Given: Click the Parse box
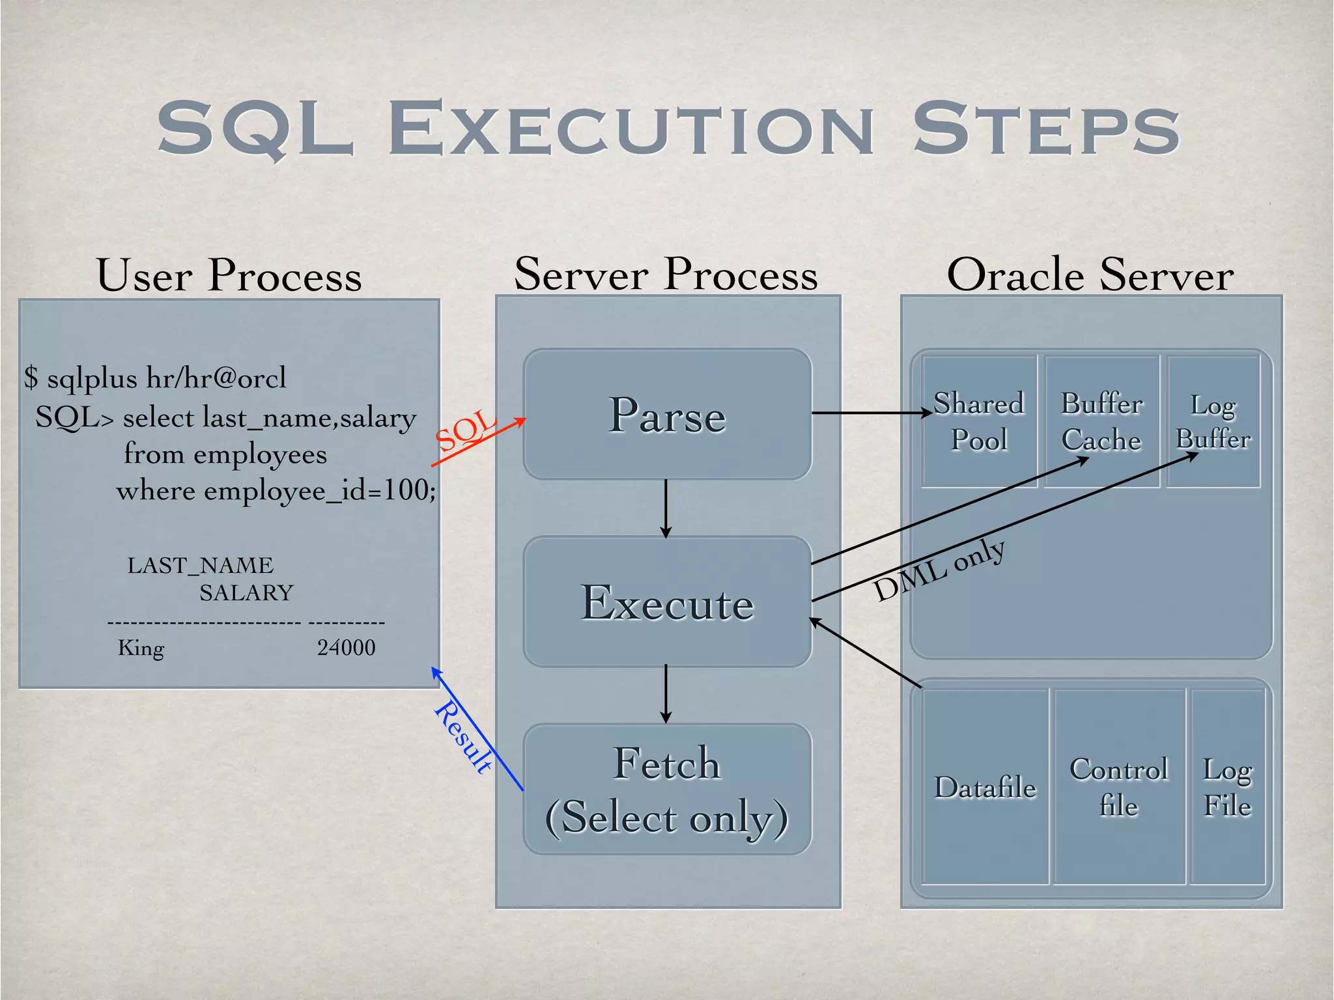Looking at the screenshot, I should click(x=667, y=415).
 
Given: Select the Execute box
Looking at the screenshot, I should click(x=667, y=602).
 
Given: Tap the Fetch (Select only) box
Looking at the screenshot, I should click(x=667, y=789).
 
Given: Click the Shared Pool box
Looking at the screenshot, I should click(x=978, y=421).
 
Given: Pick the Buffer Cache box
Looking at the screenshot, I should click(x=1101, y=421).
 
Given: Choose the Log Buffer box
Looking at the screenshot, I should click(x=1213, y=421).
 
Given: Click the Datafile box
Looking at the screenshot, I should click(x=985, y=787).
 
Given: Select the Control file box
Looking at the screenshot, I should click(x=1119, y=787).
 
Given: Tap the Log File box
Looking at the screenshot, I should click(x=1227, y=787).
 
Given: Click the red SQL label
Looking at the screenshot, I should click(x=466, y=431).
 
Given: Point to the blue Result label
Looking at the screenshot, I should click(x=463, y=737).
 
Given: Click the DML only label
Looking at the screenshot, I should click(x=939, y=570).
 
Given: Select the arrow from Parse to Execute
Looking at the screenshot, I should click(x=666, y=508).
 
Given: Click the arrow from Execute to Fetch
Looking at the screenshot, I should click(x=666, y=694).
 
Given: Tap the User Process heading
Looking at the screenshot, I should click(x=229, y=275).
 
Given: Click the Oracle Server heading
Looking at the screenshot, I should click(x=1090, y=275).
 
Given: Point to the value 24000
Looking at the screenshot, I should click(x=346, y=648).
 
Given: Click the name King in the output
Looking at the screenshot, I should click(x=141, y=648).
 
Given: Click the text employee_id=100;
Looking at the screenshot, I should click(x=320, y=490).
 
